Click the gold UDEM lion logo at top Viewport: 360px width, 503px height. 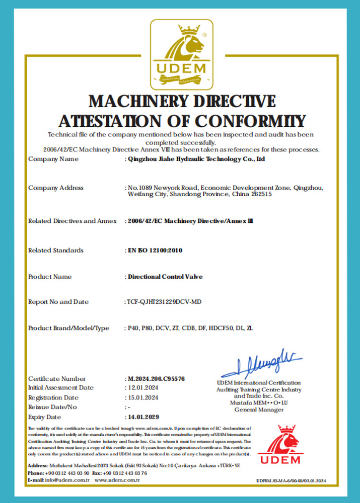tap(181, 54)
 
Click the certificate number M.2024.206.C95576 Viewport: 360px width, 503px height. tap(156, 378)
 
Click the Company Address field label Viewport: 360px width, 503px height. tap(56, 188)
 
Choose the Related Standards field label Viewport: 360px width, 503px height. tap(56, 250)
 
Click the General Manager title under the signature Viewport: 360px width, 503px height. tap(259, 409)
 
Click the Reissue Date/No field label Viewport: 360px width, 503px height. tap(52, 407)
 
